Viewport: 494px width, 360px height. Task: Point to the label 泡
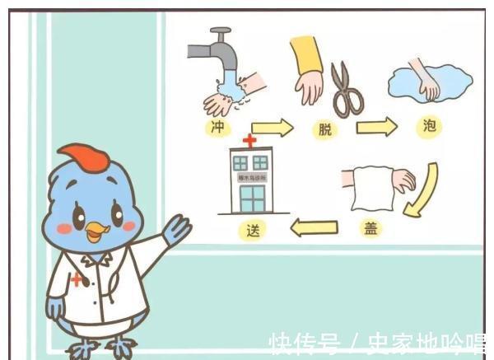click(x=428, y=127)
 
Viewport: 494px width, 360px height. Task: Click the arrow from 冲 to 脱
click(x=272, y=128)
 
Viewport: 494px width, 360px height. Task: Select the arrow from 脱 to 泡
click(x=376, y=127)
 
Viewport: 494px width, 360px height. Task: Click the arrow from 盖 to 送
click(x=314, y=227)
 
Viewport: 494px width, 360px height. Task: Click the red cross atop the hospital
click(x=249, y=141)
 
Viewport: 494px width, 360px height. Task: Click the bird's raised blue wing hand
click(x=176, y=228)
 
